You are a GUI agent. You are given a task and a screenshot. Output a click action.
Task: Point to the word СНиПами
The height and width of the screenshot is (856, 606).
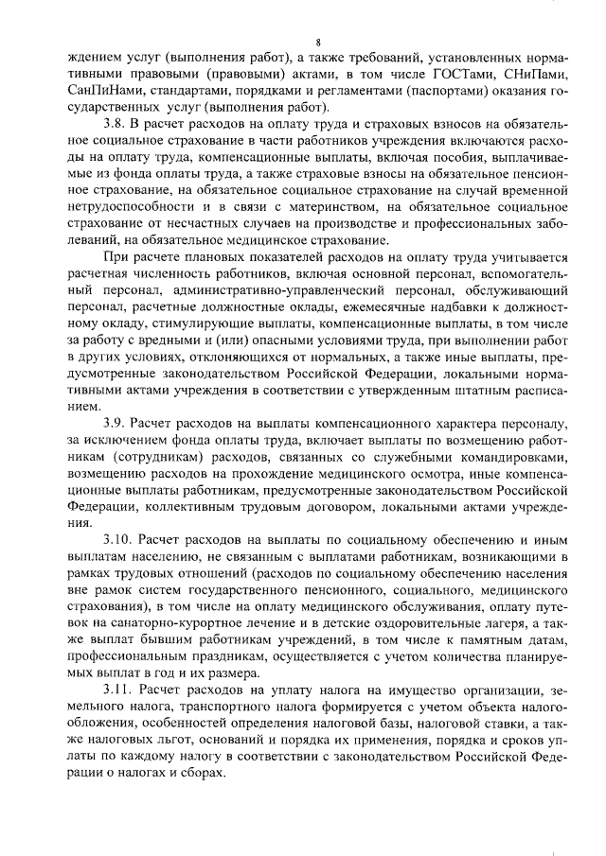point(528,75)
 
